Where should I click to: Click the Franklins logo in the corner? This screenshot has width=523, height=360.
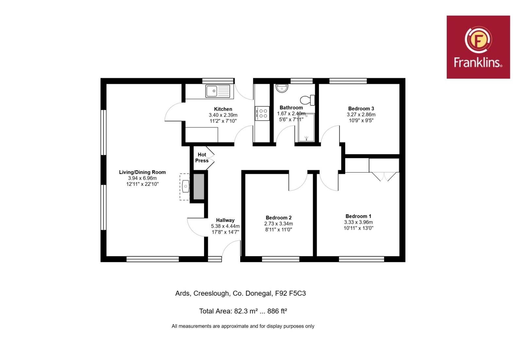(x=478, y=47)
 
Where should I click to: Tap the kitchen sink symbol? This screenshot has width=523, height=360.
(x=218, y=91)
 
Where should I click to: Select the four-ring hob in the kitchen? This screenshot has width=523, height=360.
(x=262, y=113)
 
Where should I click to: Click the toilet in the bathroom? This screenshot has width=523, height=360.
(x=308, y=100)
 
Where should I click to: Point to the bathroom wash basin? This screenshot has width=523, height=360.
(x=282, y=88)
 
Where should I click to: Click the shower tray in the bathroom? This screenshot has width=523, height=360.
(x=306, y=128)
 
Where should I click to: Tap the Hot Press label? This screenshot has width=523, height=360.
(x=202, y=158)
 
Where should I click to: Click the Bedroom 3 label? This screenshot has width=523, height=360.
(x=361, y=108)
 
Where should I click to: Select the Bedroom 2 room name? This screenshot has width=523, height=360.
(x=278, y=218)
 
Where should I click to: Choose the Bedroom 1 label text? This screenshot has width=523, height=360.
(x=358, y=216)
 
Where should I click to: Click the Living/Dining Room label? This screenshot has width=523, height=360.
(x=143, y=172)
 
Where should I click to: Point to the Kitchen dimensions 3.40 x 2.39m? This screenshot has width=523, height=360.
(x=223, y=115)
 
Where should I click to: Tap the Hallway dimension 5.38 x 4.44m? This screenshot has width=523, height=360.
(x=225, y=226)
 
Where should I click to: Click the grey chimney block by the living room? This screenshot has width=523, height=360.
(x=199, y=187)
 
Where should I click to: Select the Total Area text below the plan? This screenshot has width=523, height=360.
(x=243, y=311)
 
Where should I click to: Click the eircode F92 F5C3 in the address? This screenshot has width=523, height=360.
(x=291, y=293)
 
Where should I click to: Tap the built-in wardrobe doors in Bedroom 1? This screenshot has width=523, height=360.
(x=384, y=177)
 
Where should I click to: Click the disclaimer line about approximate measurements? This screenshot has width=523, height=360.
(x=243, y=326)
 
